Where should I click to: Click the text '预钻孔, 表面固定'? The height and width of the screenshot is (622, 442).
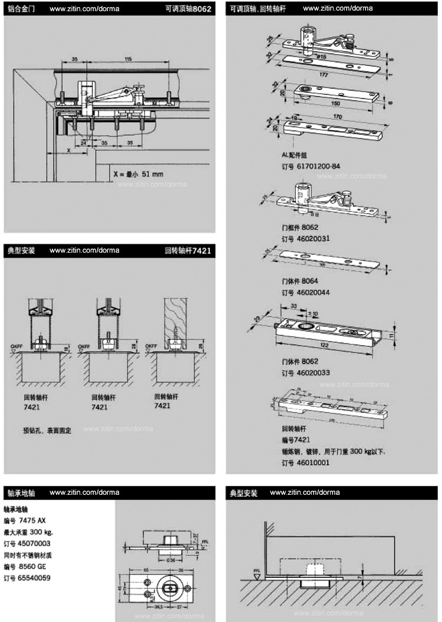click(x=47, y=431)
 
